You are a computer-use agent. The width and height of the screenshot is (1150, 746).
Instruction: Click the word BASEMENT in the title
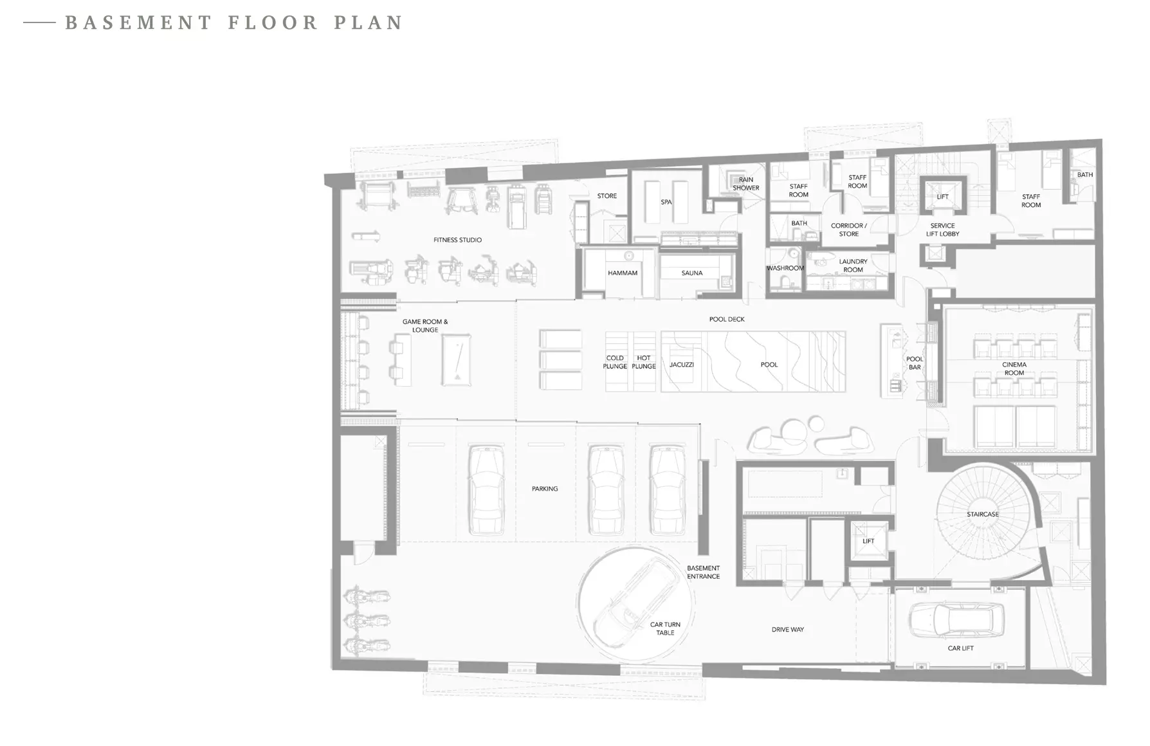click(x=138, y=23)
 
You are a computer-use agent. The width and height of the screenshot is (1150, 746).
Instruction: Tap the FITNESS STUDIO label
click(x=457, y=240)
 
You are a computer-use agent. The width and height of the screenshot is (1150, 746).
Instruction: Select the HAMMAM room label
click(x=623, y=273)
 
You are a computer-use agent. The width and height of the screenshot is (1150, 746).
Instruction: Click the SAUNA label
click(x=692, y=273)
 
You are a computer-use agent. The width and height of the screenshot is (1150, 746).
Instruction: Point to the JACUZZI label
click(x=682, y=365)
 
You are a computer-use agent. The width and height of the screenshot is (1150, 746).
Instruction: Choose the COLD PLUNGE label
click(x=615, y=362)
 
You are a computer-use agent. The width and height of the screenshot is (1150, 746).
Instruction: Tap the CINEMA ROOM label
click(x=1014, y=368)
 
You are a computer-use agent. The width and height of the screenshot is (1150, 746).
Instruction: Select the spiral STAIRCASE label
click(x=983, y=514)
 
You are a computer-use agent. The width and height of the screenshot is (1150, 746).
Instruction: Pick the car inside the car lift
click(x=956, y=619)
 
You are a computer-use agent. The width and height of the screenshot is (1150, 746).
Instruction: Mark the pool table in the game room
click(x=456, y=359)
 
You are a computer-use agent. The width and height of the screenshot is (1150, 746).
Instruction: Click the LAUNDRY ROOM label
click(x=853, y=266)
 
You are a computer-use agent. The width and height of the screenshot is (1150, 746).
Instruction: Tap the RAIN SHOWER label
click(x=746, y=184)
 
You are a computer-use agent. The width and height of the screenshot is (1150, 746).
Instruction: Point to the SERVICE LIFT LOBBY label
click(x=942, y=230)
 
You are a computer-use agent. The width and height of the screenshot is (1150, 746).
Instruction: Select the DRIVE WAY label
click(x=788, y=630)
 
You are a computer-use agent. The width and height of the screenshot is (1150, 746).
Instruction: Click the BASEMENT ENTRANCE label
click(x=703, y=572)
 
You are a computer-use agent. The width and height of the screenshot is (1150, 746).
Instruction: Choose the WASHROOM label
click(x=785, y=268)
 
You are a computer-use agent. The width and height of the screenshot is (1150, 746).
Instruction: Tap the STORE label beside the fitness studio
click(x=607, y=196)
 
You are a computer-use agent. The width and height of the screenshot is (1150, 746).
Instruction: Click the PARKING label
click(x=545, y=489)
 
